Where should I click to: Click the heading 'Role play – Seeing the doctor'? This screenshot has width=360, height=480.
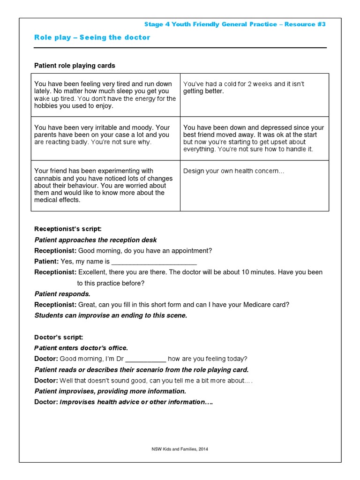[92, 37]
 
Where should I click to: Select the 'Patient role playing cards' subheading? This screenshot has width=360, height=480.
[75, 66]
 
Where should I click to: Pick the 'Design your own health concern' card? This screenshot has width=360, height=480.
[233, 171]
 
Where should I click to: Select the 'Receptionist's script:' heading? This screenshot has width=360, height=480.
[67, 229]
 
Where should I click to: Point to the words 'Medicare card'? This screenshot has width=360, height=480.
[266, 305]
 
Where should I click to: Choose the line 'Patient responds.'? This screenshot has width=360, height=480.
[62, 294]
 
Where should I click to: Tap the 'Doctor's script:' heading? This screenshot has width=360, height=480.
[59, 337]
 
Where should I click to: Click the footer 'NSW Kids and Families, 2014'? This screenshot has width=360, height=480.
[180, 449]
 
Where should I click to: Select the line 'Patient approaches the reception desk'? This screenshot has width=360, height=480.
[96, 240]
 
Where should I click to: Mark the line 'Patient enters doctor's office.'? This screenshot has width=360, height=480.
[81, 348]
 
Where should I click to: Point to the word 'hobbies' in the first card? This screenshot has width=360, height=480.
[45, 106]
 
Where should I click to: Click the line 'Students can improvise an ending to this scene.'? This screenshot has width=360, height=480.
[111, 315]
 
